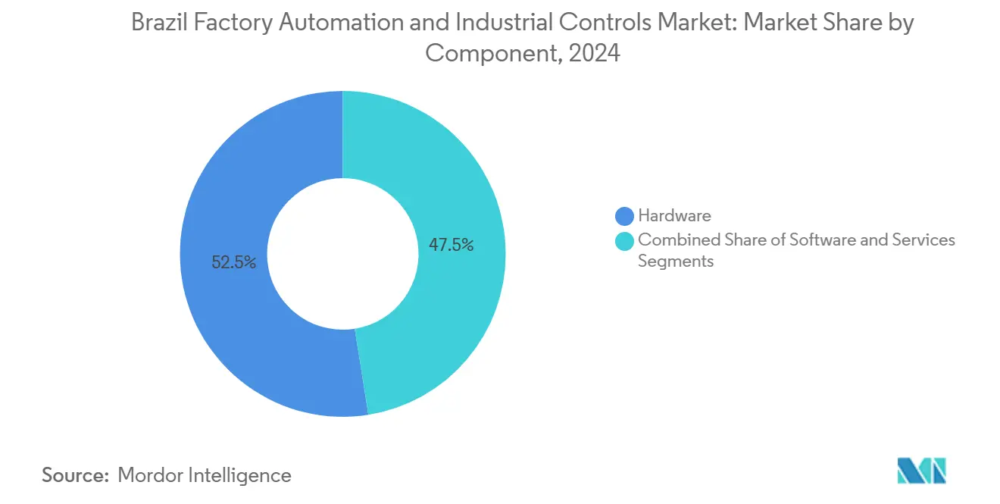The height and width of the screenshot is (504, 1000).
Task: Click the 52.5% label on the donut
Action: tap(233, 263)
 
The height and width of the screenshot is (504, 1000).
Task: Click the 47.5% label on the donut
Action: tap(452, 245)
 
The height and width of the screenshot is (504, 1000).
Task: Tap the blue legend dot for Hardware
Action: tap(624, 216)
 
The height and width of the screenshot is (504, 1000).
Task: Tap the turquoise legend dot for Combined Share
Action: tap(624, 241)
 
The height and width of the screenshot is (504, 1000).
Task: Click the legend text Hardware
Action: tap(674, 216)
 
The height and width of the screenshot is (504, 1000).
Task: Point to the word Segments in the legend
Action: tap(676, 261)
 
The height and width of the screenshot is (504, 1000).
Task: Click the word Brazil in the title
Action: tap(158, 23)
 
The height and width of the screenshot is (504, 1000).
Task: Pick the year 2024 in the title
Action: tap(597, 53)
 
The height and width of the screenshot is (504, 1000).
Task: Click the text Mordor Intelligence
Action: tap(205, 475)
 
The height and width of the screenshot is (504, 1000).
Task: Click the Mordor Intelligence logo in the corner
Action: tap(921, 471)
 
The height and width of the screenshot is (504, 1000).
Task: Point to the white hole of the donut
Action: tap(342, 254)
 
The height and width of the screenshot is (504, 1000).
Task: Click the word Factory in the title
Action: tap(231, 23)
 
